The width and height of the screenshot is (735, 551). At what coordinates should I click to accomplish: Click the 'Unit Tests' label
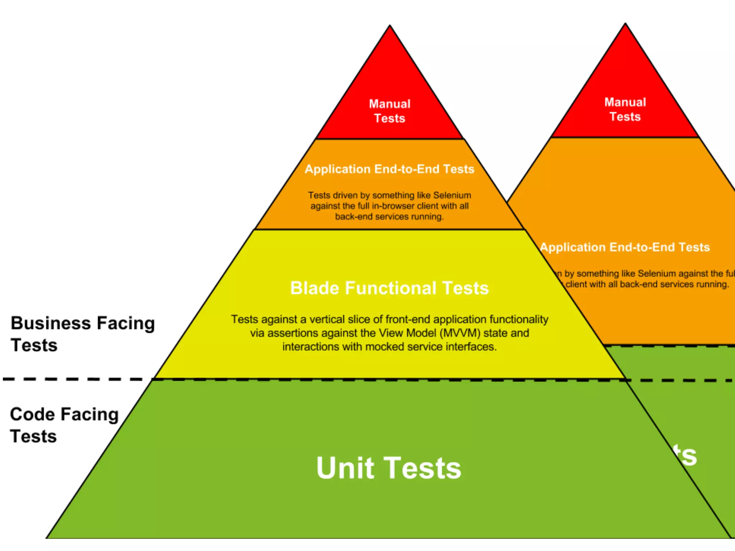coord(389,468)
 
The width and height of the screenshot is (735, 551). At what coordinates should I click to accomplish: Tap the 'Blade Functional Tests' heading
coord(389,288)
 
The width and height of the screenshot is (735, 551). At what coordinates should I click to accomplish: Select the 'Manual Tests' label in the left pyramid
coord(390,111)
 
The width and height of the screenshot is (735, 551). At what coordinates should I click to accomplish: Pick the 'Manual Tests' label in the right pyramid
coord(625,109)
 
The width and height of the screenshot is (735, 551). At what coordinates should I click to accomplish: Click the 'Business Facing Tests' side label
coord(83,334)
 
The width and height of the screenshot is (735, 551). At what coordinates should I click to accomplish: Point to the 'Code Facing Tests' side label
coord(64,425)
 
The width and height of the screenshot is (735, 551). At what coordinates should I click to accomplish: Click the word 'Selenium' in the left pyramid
coord(452,196)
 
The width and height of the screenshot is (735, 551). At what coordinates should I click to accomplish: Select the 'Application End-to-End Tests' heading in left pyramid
coord(389,169)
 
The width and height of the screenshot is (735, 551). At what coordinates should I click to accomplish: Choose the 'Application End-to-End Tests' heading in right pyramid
coord(625,247)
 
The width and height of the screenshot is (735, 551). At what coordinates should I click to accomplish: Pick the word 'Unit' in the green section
coord(345,468)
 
